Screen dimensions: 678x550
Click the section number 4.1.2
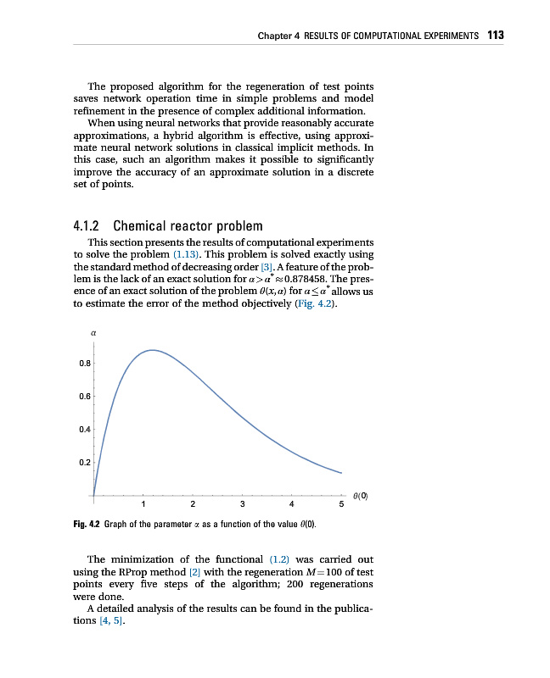point(87,226)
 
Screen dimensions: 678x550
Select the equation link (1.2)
point(280,559)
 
